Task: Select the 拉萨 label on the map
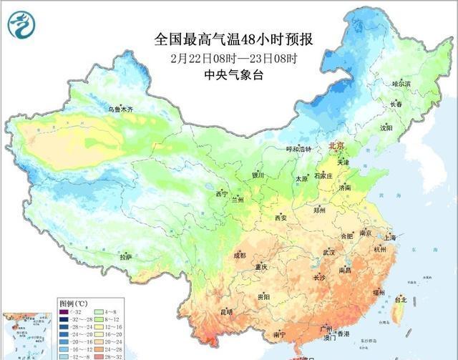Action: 125,256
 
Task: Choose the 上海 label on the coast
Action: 390,237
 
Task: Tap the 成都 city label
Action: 239,255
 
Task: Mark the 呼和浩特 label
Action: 298,149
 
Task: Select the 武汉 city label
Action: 328,253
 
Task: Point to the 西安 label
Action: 281,218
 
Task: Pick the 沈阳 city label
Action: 406,127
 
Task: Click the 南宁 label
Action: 279,334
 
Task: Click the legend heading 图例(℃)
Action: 72,303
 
